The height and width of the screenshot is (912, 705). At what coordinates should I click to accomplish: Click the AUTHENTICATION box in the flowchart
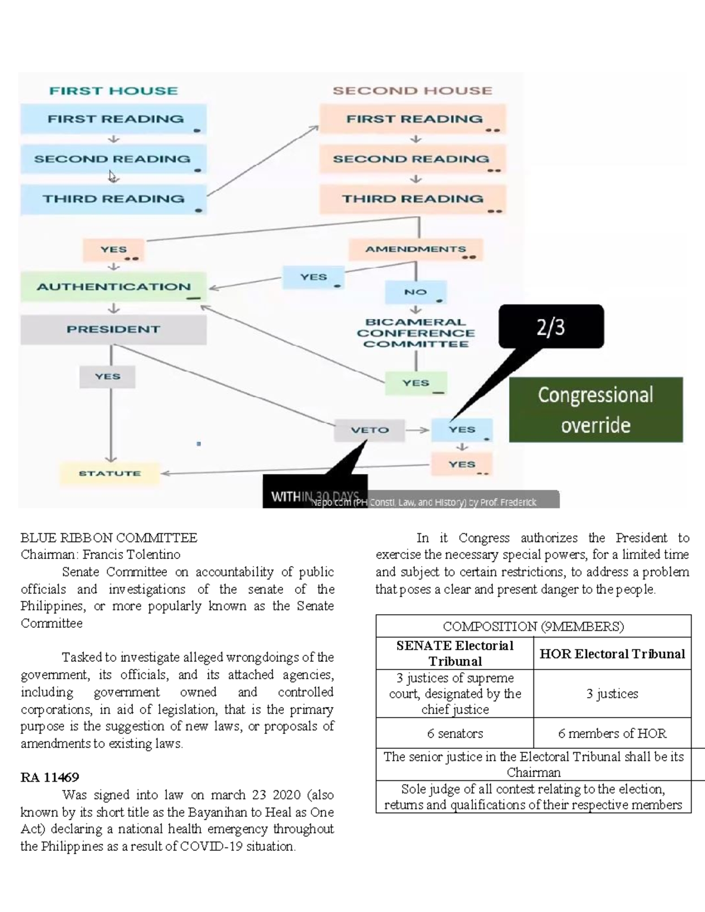point(113,287)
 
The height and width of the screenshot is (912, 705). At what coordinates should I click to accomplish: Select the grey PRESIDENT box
point(113,329)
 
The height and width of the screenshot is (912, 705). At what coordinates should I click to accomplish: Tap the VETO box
point(370,430)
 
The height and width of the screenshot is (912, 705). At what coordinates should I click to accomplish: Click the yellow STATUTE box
point(110,473)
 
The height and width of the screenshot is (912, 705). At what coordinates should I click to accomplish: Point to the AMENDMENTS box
point(415,249)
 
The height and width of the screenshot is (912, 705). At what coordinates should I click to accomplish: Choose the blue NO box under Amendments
point(415,292)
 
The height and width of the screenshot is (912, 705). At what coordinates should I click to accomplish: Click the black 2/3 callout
point(550,327)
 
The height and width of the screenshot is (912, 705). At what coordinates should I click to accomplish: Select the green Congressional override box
point(595,409)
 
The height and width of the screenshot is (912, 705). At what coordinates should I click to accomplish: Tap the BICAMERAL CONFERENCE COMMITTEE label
point(415,333)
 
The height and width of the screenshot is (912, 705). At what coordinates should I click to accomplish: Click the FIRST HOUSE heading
point(113,91)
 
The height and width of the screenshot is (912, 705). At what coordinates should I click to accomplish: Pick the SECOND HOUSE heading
point(412,91)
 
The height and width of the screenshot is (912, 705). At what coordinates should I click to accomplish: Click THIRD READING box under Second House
point(412,199)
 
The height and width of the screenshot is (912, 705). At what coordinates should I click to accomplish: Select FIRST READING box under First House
point(115,119)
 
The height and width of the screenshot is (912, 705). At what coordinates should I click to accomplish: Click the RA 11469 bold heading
point(50,778)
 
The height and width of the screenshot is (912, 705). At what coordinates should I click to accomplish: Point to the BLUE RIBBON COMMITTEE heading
point(109,538)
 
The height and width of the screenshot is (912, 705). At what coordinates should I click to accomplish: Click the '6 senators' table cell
point(455,733)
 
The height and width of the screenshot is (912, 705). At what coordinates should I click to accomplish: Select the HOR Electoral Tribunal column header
point(612,654)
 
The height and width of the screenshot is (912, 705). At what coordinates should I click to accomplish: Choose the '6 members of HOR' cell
point(612,733)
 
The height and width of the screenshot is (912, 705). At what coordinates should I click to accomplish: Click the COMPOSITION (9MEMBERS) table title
point(533,627)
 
